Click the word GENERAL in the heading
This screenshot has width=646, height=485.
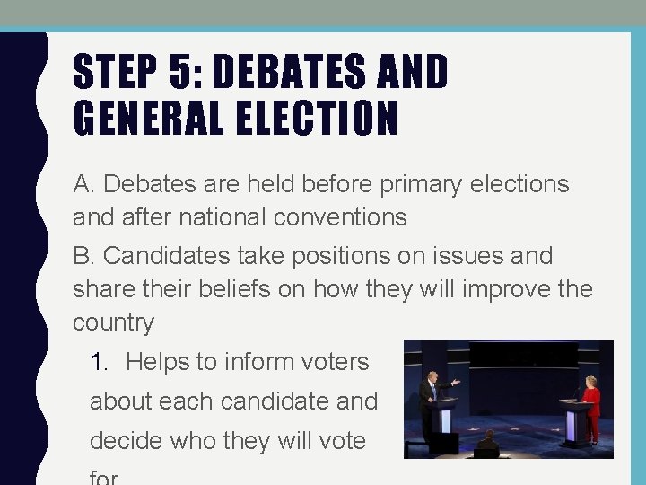point(137,118)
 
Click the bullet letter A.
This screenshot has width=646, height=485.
point(84,184)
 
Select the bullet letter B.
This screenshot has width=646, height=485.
point(84,256)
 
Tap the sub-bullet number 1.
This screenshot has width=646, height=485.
point(99,362)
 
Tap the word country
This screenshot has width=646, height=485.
point(113,322)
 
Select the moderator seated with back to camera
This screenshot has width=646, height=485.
point(489,444)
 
